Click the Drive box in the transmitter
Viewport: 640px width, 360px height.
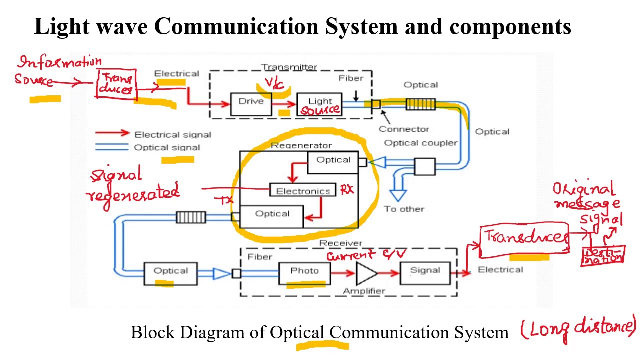(251, 103)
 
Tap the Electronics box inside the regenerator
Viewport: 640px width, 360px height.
(303, 191)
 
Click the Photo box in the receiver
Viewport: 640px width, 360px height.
(304, 272)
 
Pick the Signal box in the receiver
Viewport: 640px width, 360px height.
(425, 272)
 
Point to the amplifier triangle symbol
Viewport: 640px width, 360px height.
(366, 273)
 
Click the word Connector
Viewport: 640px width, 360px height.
(404, 129)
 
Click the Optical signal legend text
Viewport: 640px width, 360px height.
(167, 147)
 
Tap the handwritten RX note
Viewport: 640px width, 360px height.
(347, 189)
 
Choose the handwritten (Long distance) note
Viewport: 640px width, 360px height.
(578, 328)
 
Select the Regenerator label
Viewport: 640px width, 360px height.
(301, 145)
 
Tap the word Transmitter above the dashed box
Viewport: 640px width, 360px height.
(289, 67)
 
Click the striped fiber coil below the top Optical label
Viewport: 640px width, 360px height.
(420, 104)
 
